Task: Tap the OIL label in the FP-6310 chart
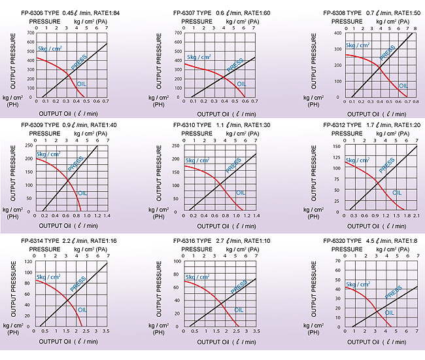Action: point(240,192)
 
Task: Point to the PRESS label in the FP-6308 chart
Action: point(387,52)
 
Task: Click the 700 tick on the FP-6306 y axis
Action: point(31,33)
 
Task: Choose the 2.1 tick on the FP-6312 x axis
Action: point(415,215)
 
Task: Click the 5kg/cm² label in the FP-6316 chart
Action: point(197,276)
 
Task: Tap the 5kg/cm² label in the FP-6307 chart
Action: point(197,56)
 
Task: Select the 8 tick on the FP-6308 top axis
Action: point(415,28)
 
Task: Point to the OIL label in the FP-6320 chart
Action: point(390,314)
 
